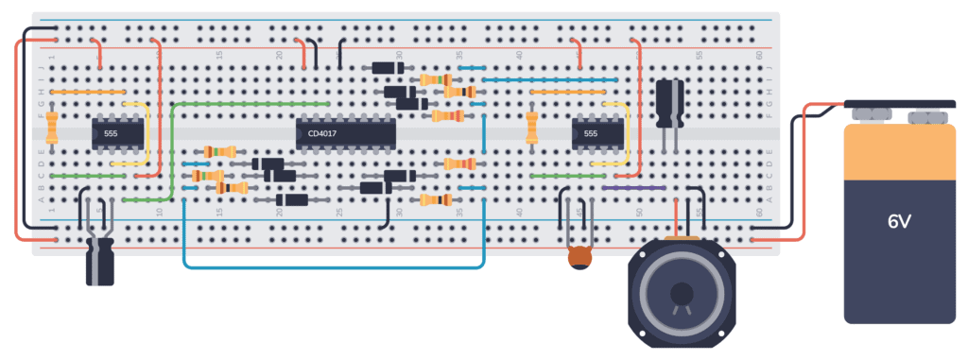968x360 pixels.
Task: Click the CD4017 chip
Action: (x=345, y=134)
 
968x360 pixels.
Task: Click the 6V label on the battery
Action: (x=898, y=224)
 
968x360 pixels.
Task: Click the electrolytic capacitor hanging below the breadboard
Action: (x=100, y=261)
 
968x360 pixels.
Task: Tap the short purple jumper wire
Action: (x=632, y=188)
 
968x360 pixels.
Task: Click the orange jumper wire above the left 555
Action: (x=87, y=92)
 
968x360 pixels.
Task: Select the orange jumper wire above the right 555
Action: (x=567, y=92)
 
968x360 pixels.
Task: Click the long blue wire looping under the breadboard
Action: (x=331, y=267)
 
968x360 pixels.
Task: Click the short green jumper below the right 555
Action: (x=567, y=176)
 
